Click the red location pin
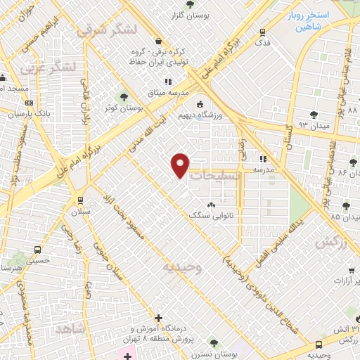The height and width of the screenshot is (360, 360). click(181, 165)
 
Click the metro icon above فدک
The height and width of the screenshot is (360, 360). click(262, 32)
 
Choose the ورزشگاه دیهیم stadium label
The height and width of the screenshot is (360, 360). click(210, 115)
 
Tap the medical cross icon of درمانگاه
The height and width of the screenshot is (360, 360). click(160, 319)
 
